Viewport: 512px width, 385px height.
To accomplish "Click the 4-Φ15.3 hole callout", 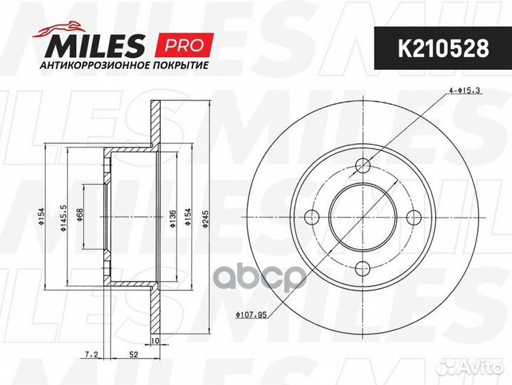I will tap(465, 90).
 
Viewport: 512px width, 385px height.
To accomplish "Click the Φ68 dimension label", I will tap(80, 217).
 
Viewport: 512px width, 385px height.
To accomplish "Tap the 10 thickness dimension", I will tap(154, 322).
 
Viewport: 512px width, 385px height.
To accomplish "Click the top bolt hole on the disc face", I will tap(362, 166).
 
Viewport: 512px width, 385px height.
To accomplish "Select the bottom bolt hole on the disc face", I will tap(362, 268).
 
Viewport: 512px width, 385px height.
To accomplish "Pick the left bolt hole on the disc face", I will tap(312, 217).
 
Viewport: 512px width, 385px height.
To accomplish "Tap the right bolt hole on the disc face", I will tap(414, 217).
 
